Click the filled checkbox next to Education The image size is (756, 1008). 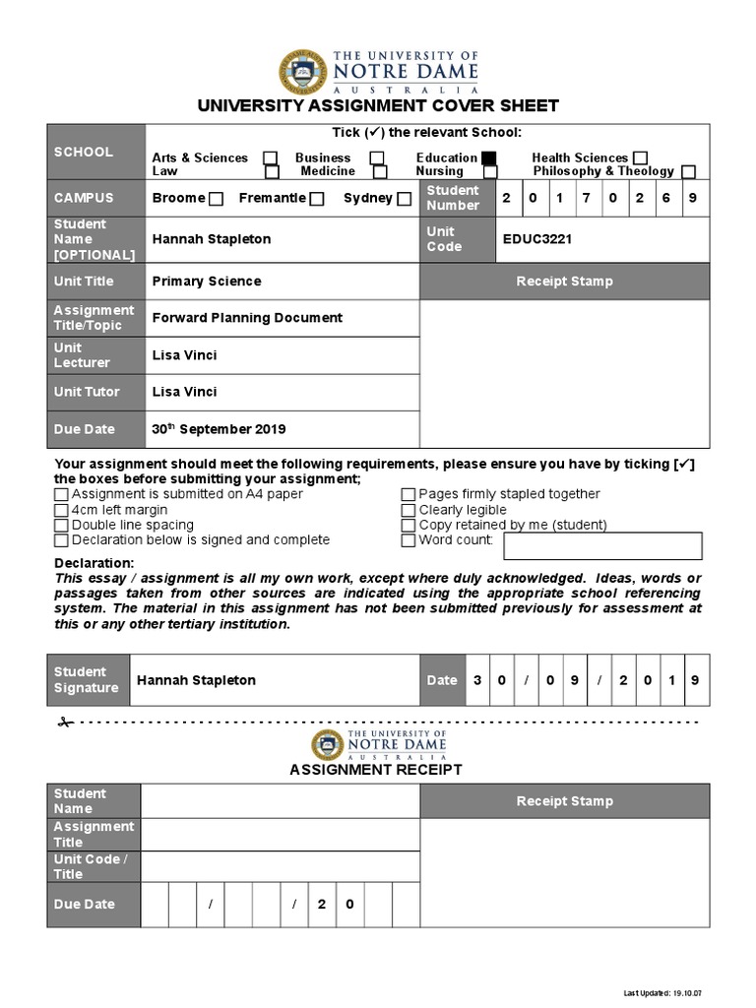[489, 157]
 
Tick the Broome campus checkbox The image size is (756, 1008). [217, 199]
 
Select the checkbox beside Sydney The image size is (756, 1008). [404, 199]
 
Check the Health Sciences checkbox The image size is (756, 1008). [641, 157]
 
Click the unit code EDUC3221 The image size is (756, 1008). [537, 239]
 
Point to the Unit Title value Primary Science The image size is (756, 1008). [207, 282]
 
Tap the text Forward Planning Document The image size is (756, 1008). [247, 318]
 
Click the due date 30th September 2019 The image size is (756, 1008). [219, 429]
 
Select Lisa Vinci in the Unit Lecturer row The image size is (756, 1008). [185, 355]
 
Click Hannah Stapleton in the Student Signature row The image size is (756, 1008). [196, 680]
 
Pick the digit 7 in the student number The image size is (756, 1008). [586, 198]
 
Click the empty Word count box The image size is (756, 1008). [603, 545]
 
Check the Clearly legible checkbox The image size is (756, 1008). [409, 510]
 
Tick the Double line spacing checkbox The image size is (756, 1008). [62, 526]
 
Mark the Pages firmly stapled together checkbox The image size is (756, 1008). [409, 495]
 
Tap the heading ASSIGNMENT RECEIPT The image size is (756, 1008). [376, 770]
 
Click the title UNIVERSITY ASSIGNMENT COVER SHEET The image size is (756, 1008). [378, 105]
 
